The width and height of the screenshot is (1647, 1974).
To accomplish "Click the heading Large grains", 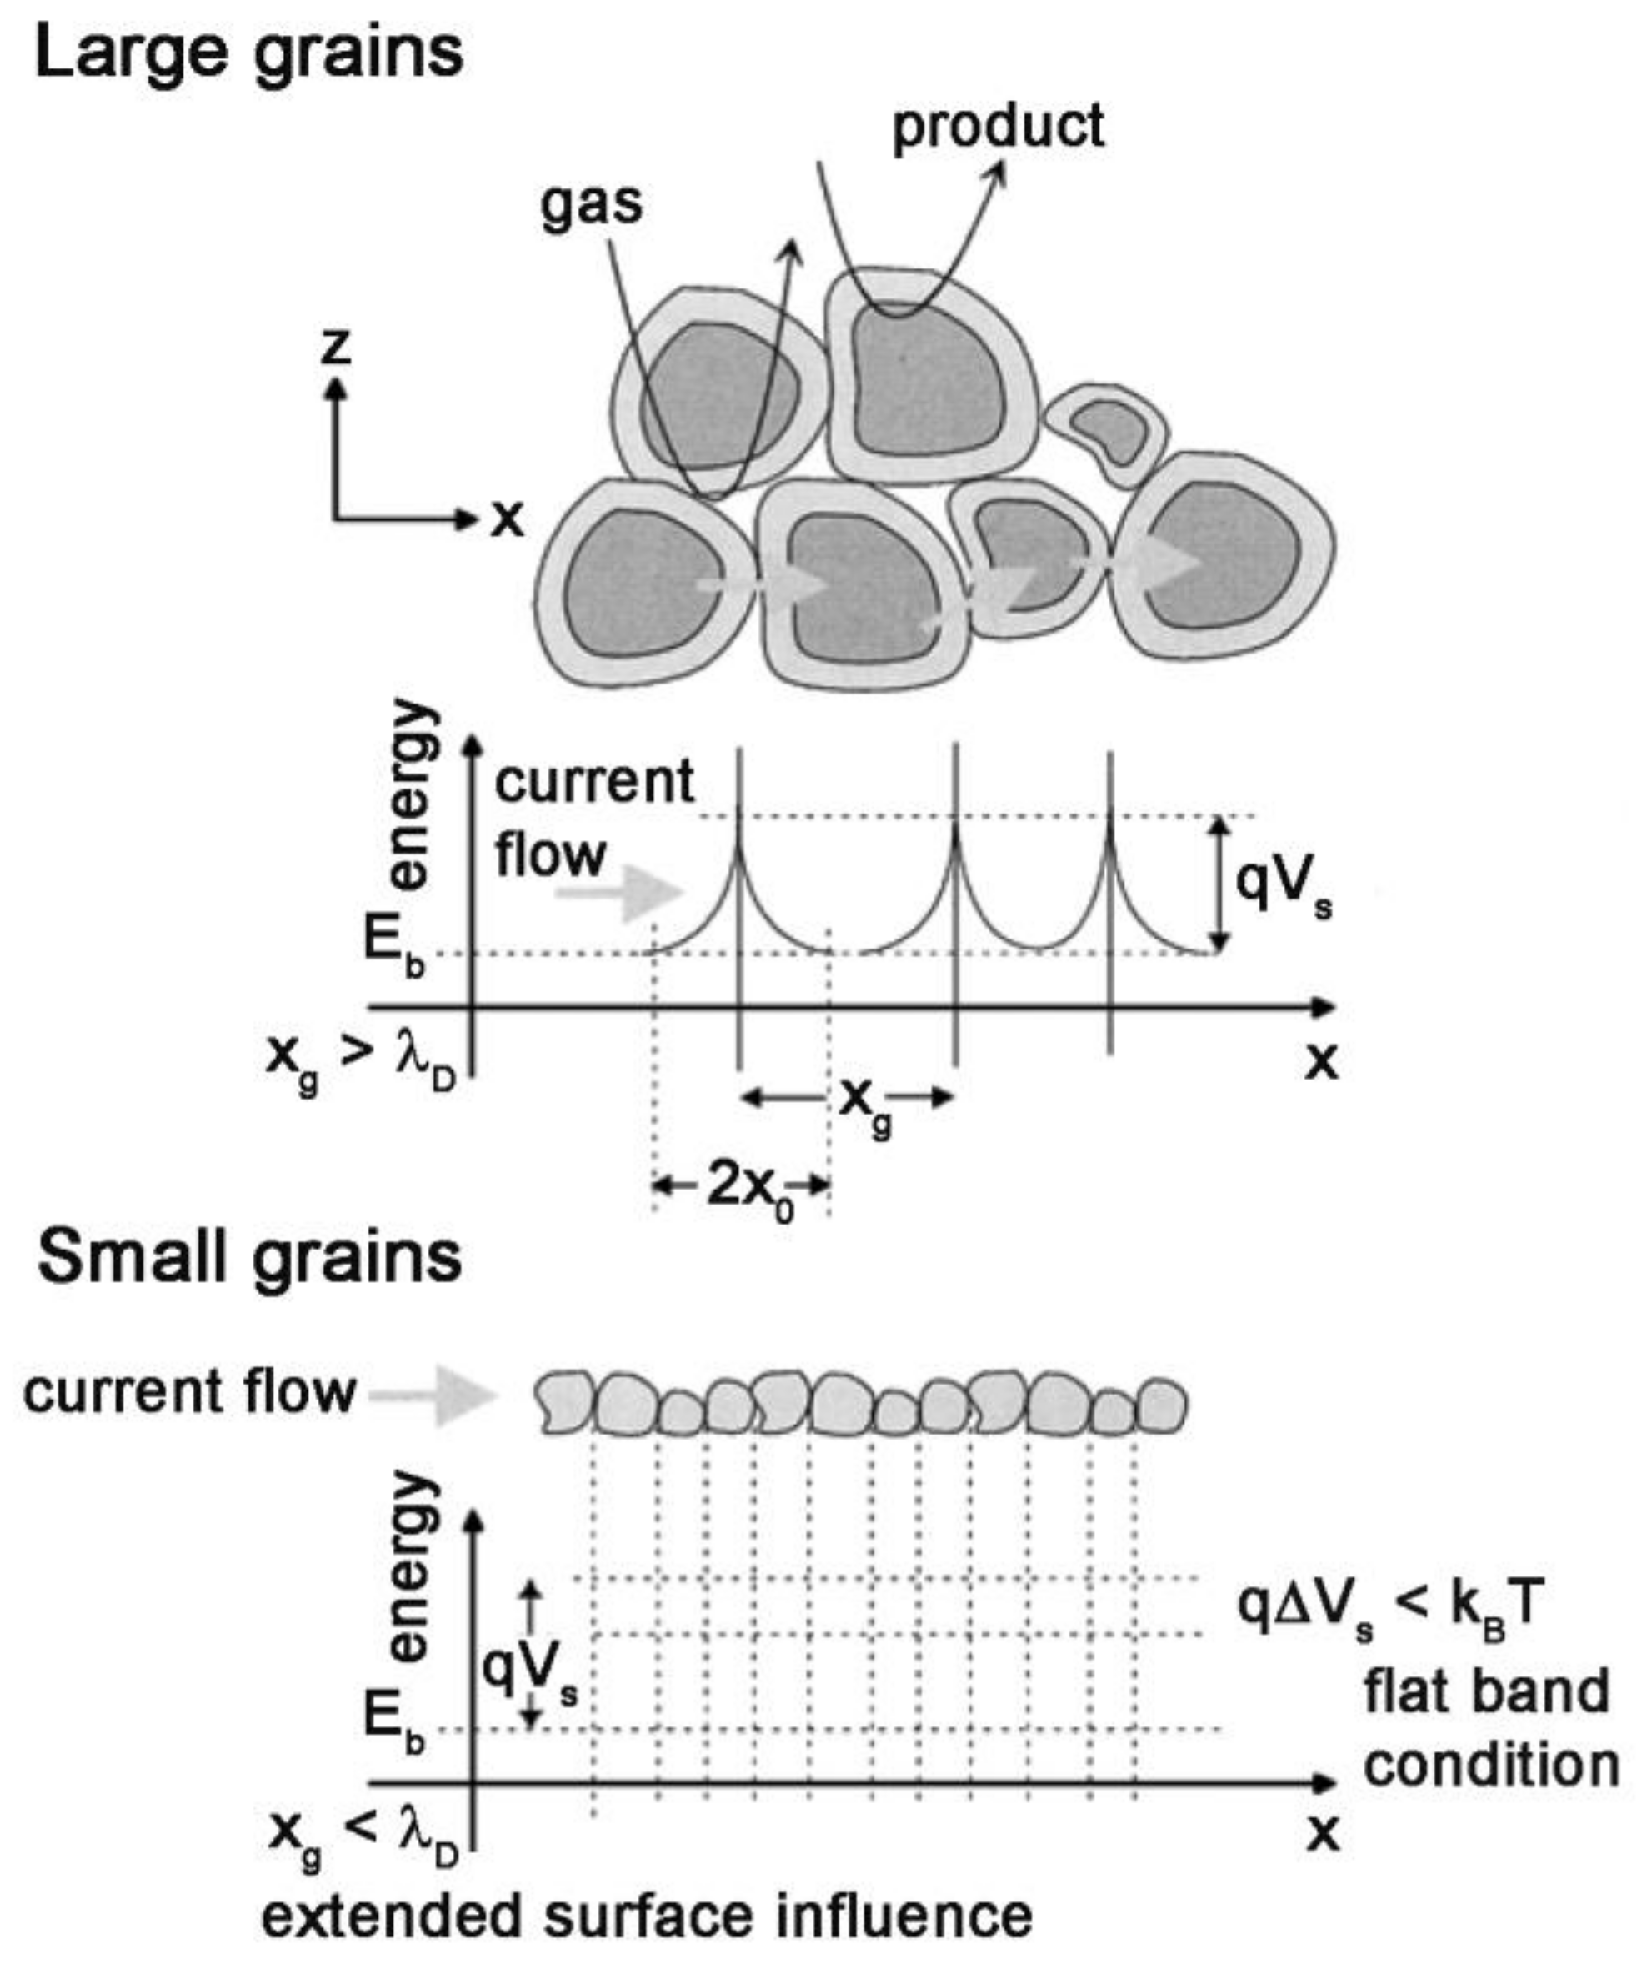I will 249,54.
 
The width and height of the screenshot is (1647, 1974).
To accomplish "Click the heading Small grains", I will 249,1258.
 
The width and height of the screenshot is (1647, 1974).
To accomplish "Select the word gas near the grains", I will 591,204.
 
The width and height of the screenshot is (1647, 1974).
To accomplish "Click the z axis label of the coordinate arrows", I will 336,348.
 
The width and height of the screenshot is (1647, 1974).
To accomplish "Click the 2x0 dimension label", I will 748,1189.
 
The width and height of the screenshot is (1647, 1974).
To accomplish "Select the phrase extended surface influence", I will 647,1917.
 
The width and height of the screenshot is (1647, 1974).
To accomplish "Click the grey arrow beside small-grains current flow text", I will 434,1396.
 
